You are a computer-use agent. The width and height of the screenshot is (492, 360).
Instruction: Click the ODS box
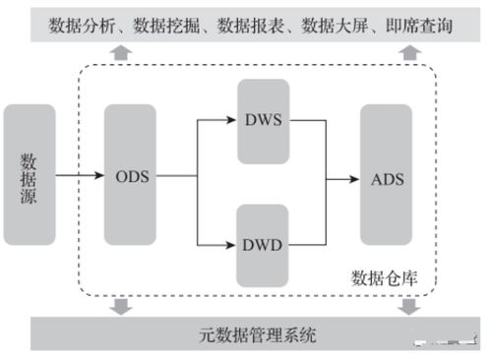(x=130, y=176)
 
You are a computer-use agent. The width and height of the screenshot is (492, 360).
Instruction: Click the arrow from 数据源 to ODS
(x=79, y=177)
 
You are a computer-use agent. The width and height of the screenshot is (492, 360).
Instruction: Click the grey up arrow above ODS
(x=120, y=52)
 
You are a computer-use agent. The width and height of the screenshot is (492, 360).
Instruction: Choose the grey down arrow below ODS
(x=120, y=307)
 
